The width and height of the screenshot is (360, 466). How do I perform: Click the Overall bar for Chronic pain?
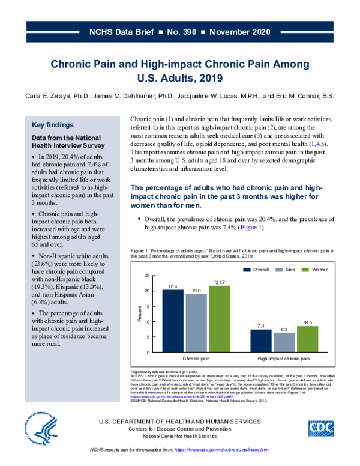(x=173, y=321)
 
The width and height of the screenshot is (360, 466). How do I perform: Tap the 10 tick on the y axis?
(x=148, y=321)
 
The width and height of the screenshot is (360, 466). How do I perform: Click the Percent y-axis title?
(x=140, y=313)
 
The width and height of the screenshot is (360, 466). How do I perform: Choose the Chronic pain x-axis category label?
(x=196, y=359)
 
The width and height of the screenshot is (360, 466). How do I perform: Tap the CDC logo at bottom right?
(x=323, y=428)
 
